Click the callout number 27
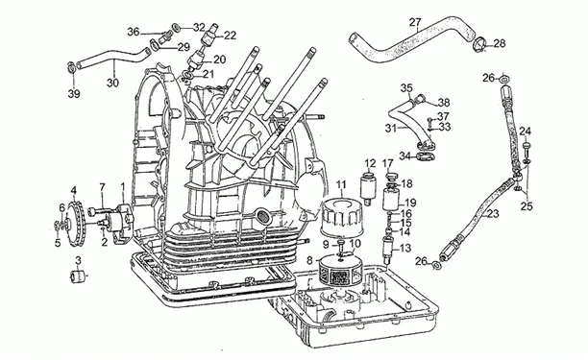(x=415, y=22)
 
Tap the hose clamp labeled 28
(x=480, y=45)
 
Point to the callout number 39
(x=74, y=94)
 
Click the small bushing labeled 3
(x=78, y=276)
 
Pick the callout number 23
(x=493, y=214)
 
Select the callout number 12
(x=370, y=164)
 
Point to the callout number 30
(x=112, y=83)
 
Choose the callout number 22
(x=230, y=36)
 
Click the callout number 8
(x=309, y=260)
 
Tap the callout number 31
(x=391, y=128)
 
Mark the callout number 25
(x=527, y=206)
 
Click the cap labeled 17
(x=390, y=176)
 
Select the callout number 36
(x=134, y=32)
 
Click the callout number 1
(x=123, y=185)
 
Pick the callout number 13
(x=404, y=248)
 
